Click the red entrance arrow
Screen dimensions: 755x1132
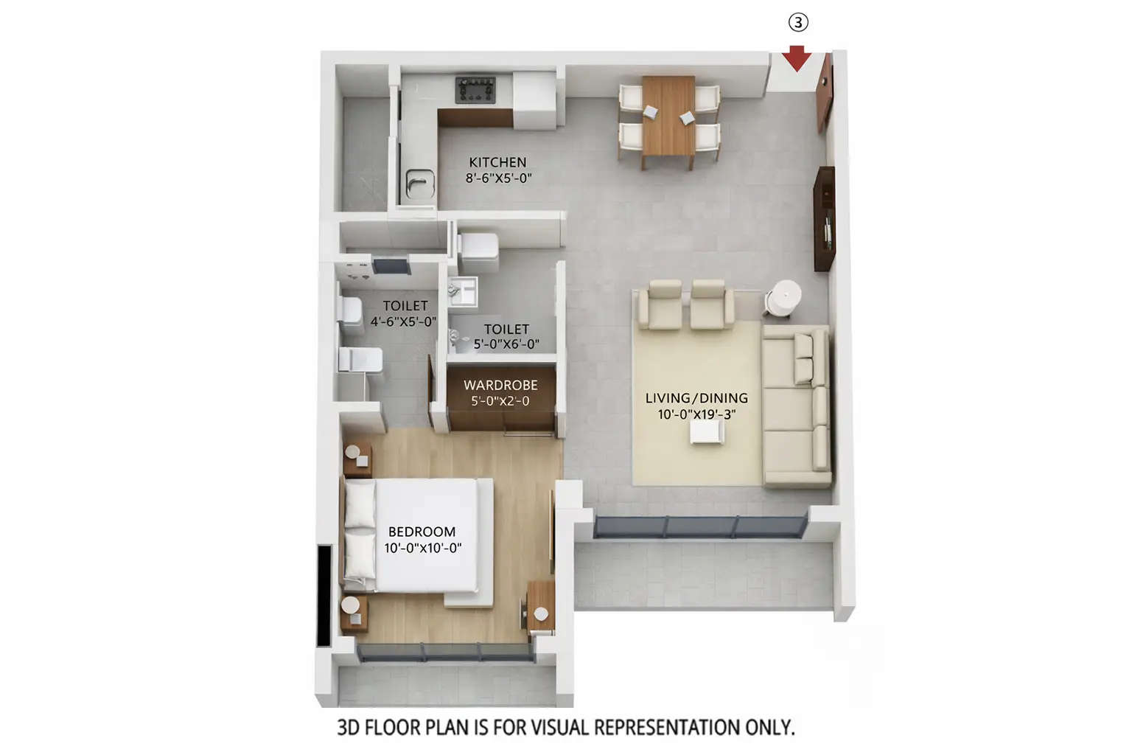tap(797, 58)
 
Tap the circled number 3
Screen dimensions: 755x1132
tap(798, 23)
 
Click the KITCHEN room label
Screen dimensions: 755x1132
tap(497, 162)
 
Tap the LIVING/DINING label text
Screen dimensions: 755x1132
tap(696, 398)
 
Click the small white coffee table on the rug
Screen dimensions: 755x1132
tap(706, 432)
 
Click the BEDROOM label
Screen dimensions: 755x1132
tap(422, 532)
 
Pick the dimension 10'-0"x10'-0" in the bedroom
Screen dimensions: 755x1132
tap(422, 548)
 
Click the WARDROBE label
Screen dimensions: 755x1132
tap(500, 385)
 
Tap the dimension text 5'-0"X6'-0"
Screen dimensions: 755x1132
tap(506, 344)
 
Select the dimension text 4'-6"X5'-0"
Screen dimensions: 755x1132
tap(403, 321)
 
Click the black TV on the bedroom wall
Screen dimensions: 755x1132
tap(324, 596)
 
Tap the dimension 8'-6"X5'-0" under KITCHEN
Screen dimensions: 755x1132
tap(498, 178)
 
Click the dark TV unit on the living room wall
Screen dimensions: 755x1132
tap(825, 219)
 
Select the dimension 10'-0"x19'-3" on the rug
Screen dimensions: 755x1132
tap(696, 414)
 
